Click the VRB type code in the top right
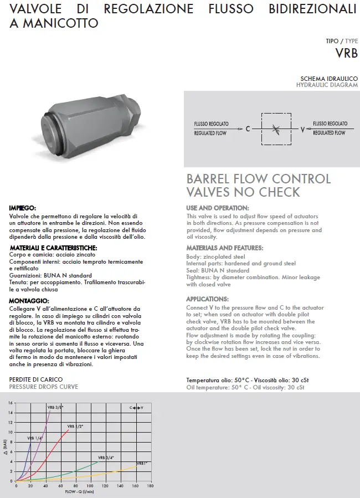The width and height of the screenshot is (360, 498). [346, 53]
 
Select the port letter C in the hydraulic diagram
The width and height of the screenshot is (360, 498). [248, 129]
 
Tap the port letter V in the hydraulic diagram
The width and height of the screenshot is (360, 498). [302, 129]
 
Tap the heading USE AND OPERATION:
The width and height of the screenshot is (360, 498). [218, 208]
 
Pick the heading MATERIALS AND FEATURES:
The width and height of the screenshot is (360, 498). [225, 248]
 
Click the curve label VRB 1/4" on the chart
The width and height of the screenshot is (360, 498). [34, 438]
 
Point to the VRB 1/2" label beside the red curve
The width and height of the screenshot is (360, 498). [75, 426]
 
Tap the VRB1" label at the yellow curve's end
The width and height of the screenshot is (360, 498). [142, 463]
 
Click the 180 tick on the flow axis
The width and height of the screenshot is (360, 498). [151, 486]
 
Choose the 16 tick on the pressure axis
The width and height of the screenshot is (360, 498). [11, 403]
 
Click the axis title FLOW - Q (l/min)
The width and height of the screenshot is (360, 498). [79, 491]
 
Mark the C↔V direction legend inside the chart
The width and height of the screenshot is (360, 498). [136, 407]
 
